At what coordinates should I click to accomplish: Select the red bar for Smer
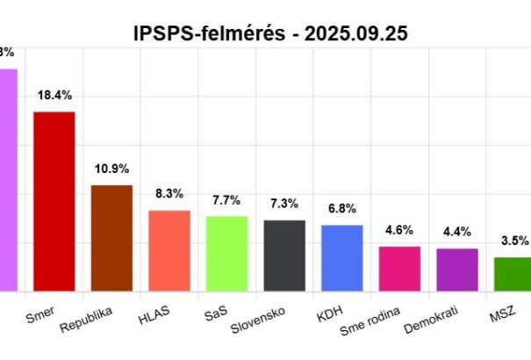(54, 200)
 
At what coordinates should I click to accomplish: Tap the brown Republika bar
(111, 237)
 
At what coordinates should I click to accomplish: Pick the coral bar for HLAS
(169, 249)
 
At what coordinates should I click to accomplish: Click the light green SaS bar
(226, 253)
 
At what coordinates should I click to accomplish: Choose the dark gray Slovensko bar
(284, 255)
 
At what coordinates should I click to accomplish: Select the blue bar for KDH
(342, 257)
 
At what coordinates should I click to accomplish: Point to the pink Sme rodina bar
(399, 268)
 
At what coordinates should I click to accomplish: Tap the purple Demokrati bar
(457, 269)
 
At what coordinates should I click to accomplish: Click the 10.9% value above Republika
(111, 168)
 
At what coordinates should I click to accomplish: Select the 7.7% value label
(226, 199)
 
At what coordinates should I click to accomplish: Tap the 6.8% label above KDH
(342, 208)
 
